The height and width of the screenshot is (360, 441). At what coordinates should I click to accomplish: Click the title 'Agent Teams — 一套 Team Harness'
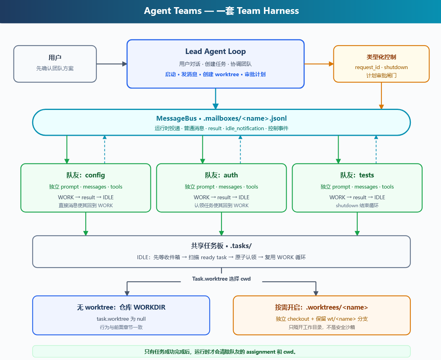point(221,11)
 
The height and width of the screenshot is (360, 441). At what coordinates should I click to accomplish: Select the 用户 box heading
point(55,58)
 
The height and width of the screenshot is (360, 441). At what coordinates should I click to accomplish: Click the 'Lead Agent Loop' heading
point(216,52)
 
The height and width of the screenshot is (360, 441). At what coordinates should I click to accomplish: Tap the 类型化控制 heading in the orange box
point(381,57)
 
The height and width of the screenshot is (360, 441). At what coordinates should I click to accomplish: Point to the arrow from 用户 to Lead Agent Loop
point(112,64)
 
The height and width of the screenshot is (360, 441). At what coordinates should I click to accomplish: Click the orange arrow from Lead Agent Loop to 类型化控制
point(319,64)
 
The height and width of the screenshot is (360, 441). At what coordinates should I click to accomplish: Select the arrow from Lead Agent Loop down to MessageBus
point(216,99)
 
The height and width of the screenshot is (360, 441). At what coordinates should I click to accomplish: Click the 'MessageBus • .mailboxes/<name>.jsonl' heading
point(221,118)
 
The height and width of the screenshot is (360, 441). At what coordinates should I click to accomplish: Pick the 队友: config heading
point(85,175)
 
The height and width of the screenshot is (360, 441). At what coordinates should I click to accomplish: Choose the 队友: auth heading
point(221,175)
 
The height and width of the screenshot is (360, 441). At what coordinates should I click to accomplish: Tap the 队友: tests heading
point(357,175)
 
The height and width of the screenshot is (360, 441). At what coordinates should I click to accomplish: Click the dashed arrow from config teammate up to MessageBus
point(105,149)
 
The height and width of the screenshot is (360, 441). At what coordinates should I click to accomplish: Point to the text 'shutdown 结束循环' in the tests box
point(357,206)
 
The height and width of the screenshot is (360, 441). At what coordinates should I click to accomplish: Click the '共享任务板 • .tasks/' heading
point(221,246)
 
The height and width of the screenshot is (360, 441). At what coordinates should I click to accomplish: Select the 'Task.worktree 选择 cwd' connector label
point(221,279)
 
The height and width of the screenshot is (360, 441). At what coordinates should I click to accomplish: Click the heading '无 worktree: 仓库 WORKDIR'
point(121,307)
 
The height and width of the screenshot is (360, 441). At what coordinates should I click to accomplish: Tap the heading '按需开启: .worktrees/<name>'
point(322,307)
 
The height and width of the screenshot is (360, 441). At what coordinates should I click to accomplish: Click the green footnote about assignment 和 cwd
point(221,352)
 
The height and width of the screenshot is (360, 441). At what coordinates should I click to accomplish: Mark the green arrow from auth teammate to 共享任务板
point(221,224)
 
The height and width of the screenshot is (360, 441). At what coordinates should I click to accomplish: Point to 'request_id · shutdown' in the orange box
point(381,67)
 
